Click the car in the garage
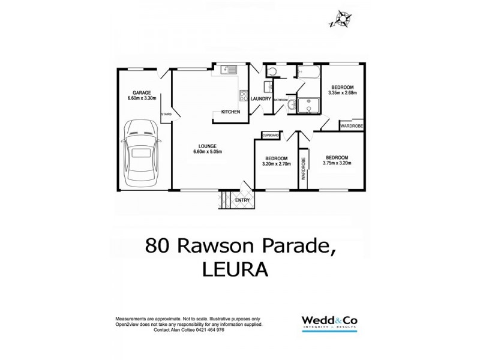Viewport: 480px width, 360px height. [140, 153]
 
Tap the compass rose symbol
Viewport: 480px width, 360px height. [342, 19]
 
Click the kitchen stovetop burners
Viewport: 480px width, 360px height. [244, 94]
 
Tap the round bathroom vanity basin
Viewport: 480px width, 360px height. [290, 106]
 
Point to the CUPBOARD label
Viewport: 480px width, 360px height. [271, 136]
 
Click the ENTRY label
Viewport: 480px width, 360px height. [242, 200]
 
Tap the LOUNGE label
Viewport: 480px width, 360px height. [208, 146]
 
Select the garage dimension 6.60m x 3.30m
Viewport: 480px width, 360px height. [142, 98]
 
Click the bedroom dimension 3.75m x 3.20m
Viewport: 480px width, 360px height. [337, 162]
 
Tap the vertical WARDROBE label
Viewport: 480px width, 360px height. [304, 169]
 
